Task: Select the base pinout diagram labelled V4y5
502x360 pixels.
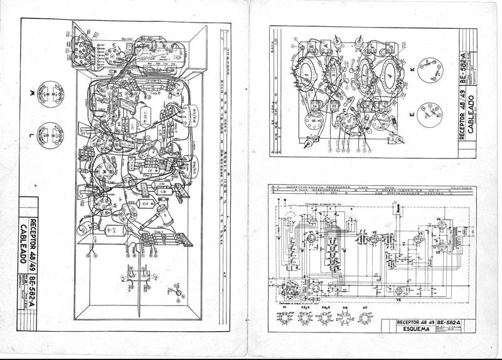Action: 325,317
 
